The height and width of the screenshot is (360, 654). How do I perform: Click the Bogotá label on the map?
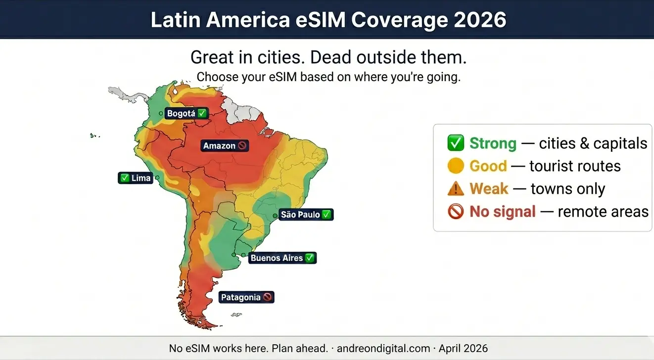pyautogui.click(x=187, y=113)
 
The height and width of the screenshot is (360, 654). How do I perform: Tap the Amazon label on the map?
pyautogui.click(x=225, y=146)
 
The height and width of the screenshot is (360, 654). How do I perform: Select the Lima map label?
pyautogui.click(x=136, y=178)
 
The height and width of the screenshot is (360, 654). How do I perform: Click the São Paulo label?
pyautogui.click(x=306, y=215)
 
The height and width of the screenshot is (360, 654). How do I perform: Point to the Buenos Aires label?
pyautogui.click(x=282, y=258)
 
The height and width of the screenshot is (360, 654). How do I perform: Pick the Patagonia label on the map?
pyautogui.click(x=246, y=297)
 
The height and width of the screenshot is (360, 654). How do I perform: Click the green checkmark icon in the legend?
pyautogui.click(x=455, y=143)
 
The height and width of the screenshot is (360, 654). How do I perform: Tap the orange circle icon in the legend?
pyautogui.click(x=455, y=166)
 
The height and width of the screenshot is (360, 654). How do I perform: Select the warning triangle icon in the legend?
pyautogui.click(x=455, y=188)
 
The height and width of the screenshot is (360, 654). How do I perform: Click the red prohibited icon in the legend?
pyautogui.click(x=455, y=212)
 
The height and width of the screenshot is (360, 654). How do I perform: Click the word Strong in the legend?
pyautogui.click(x=493, y=143)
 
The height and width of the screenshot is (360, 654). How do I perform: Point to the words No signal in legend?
pyautogui.click(x=502, y=212)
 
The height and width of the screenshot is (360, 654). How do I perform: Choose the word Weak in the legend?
pyautogui.click(x=489, y=189)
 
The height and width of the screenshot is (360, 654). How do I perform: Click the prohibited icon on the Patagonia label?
pyautogui.click(x=268, y=297)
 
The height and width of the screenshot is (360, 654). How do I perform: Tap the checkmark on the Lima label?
pyautogui.click(x=125, y=178)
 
